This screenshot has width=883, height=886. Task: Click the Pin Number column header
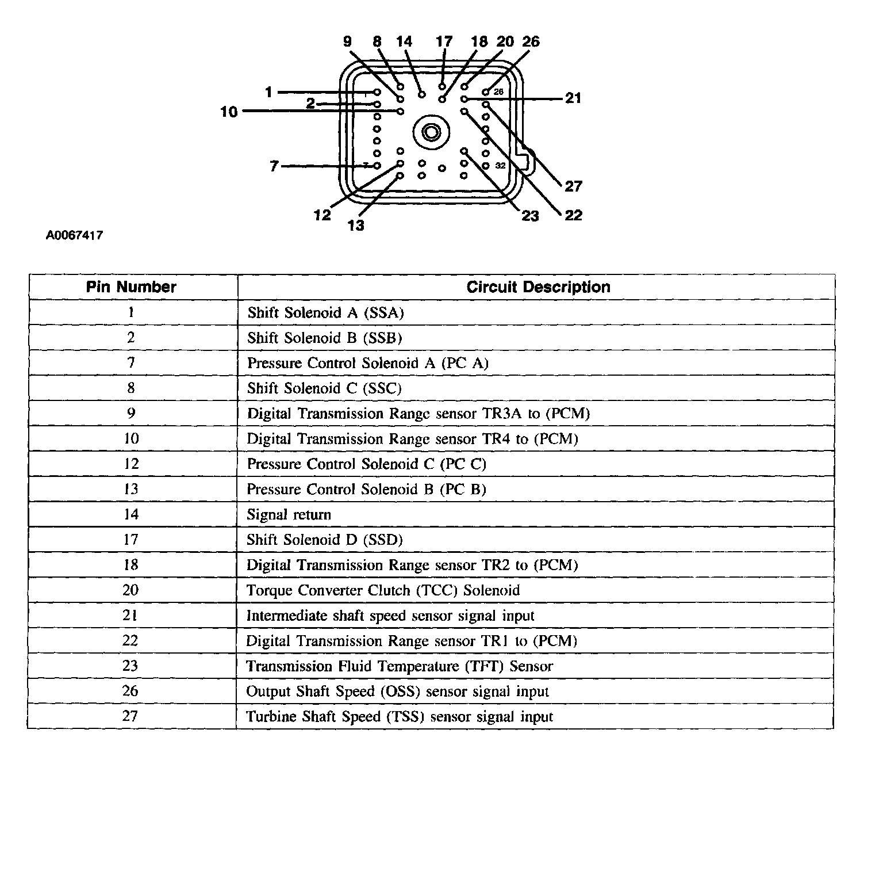[x=131, y=287]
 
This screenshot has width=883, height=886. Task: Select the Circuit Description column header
[x=538, y=287]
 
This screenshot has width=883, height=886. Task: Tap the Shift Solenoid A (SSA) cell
[x=326, y=312]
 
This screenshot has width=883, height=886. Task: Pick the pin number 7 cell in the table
[x=131, y=363]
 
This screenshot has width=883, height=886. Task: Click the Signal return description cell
[x=289, y=514]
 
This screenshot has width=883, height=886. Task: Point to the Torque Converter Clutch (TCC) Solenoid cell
[x=383, y=590]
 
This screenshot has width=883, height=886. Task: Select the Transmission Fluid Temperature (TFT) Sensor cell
[x=400, y=666]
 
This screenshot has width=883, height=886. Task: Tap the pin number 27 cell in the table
[x=130, y=716]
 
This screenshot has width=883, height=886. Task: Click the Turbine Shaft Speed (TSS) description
[x=400, y=717]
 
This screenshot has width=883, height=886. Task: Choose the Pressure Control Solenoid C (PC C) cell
[x=367, y=464]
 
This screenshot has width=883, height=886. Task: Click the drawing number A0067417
[x=75, y=235]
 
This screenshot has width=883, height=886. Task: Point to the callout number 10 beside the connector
[x=229, y=112]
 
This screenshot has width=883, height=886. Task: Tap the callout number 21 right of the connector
[x=573, y=98]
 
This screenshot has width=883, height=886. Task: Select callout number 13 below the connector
[x=356, y=225]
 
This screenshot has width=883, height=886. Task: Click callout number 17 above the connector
[x=444, y=41]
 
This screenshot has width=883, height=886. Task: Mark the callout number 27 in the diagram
[x=573, y=186]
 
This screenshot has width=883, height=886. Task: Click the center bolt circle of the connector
[x=430, y=133]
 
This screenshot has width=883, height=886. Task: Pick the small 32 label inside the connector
[x=500, y=166]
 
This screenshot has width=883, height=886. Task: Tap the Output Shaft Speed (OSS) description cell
[x=397, y=692]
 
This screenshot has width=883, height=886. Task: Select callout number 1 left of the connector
[x=268, y=92]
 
